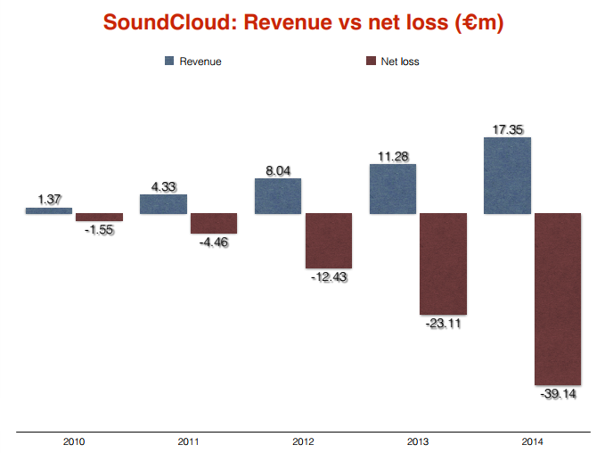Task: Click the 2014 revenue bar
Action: tap(507, 176)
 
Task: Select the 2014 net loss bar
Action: tap(558, 299)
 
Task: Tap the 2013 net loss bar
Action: tap(444, 264)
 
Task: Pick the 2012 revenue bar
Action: tap(278, 196)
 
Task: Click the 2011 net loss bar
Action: tap(214, 224)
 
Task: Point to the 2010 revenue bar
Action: tap(49, 210)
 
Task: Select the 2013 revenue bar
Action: tap(393, 189)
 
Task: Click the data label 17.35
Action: tap(507, 130)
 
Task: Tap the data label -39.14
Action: tap(558, 393)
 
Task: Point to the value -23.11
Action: tap(444, 324)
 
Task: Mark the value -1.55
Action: tap(99, 229)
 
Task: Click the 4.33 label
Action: tap(163, 187)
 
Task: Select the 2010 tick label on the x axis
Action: tap(74, 441)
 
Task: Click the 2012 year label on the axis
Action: tap(303, 441)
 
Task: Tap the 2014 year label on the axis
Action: tap(532, 441)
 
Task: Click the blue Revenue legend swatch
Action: tap(168, 62)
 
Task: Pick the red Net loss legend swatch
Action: tap(372, 62)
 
